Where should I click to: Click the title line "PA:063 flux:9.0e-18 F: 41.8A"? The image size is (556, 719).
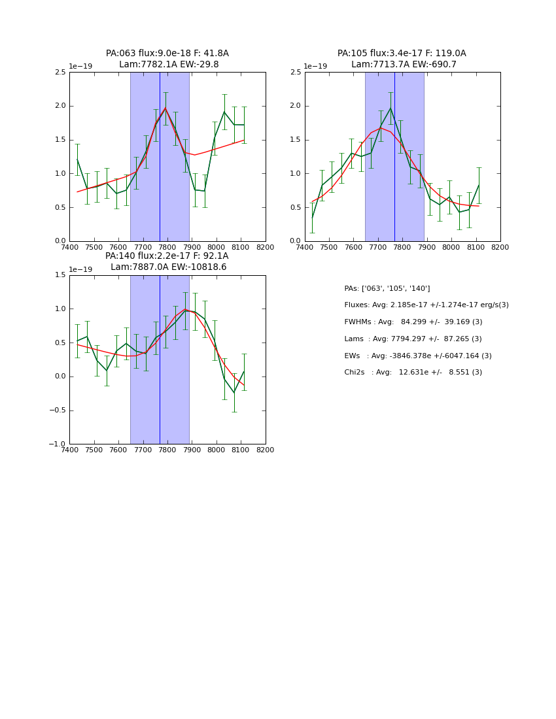click(167, 54)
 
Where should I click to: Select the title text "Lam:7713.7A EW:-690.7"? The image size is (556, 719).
click(402, 65)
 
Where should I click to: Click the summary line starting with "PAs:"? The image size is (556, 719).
click(387, 288)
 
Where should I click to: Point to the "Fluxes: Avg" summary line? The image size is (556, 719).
click(426, 305)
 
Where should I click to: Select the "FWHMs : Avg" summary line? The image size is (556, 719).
click(413, 322)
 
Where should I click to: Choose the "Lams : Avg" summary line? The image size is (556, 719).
click(413, 339)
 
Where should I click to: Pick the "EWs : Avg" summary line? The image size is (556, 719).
click(418, 356)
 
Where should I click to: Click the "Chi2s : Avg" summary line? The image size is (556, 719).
click(413, 373)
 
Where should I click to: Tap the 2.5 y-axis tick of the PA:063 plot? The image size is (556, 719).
click(60, 73)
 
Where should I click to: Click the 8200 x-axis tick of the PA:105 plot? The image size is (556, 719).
click(500, 248)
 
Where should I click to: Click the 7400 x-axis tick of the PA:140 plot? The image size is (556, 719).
click(69, 450)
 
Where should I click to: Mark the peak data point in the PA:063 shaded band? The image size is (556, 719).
click(165, 109)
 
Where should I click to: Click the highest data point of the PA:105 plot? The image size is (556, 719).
click(391, 109)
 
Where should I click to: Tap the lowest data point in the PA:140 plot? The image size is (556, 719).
click(234, 393)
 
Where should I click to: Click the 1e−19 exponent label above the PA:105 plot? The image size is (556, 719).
click(315, 67)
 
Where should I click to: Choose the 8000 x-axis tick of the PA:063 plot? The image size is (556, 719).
click(217, 248)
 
